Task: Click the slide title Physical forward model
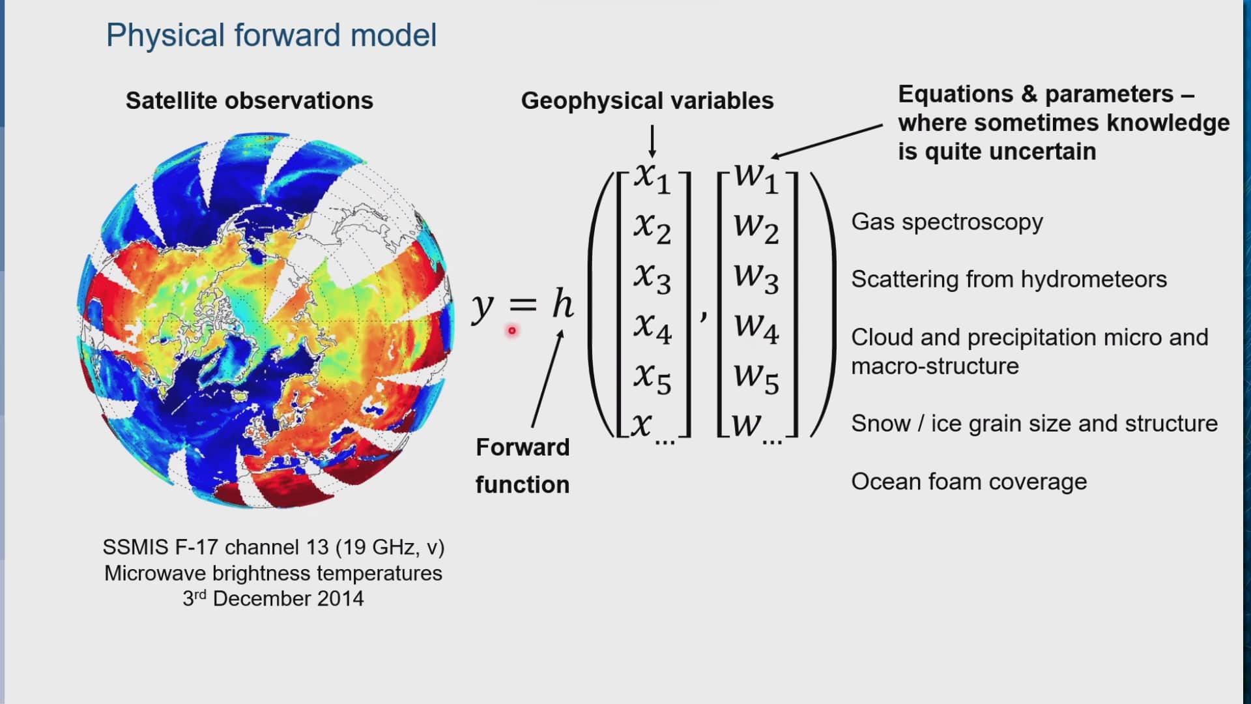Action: point(271,35)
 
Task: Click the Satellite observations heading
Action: point(249,100)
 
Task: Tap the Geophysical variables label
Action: point(647,100)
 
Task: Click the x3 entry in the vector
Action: point(652,277)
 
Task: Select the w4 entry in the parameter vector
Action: point(756,327)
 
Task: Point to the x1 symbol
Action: point(652,177)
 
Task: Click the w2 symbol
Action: point(756,226)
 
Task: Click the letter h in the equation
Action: point(563,304)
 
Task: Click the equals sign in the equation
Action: point(523,304)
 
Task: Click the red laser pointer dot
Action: point(512,331)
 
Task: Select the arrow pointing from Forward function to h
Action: point(547,378)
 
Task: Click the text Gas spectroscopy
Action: point(947,222)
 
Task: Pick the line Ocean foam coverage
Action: point(969,482)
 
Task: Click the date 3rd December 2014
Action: point(273,598)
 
